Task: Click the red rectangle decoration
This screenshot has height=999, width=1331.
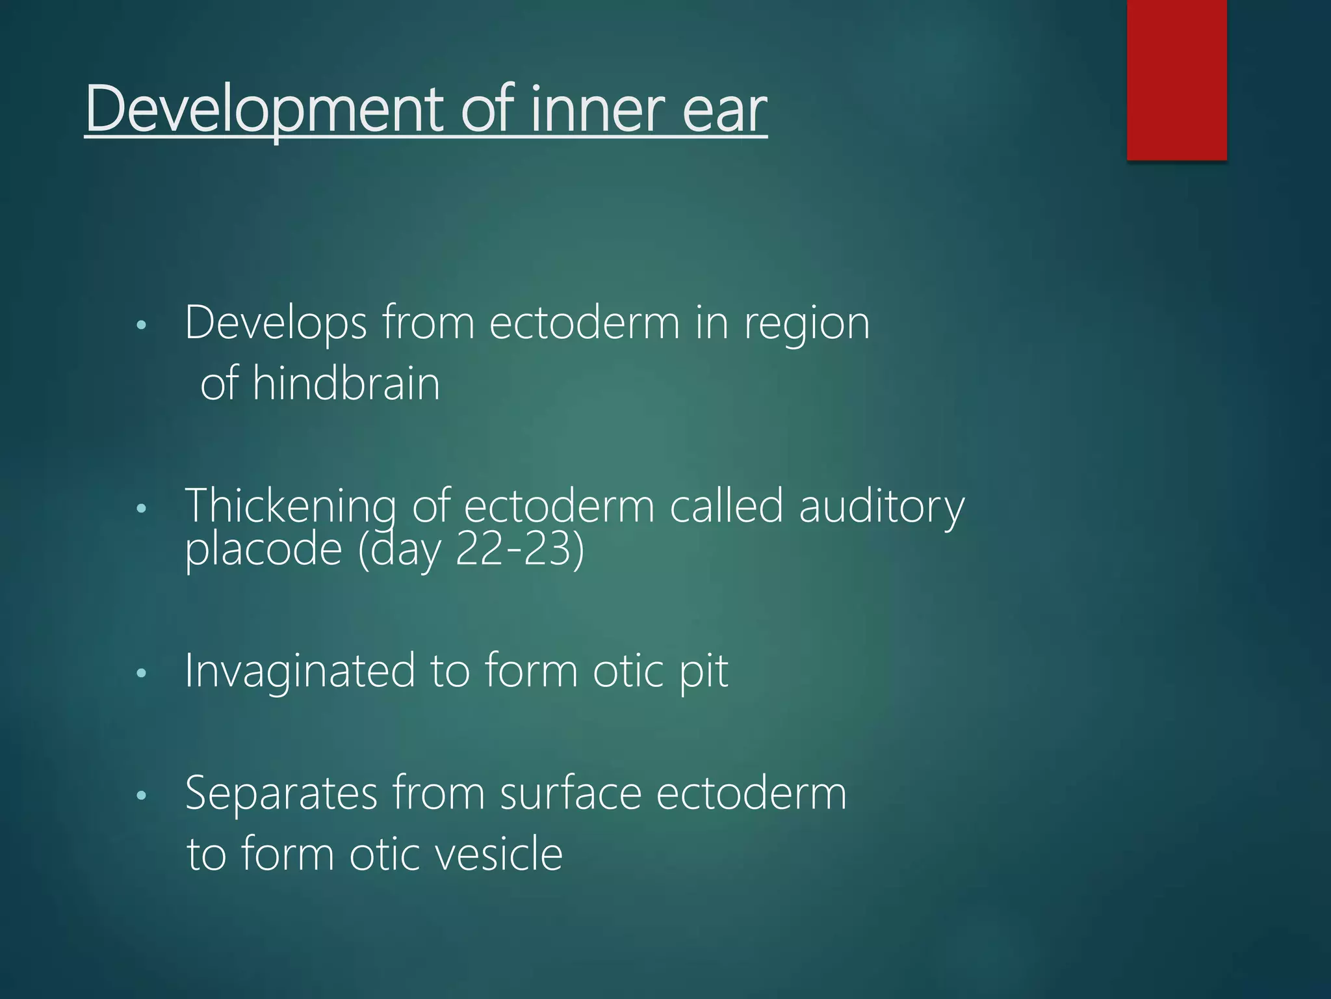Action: click(x=1176, y=79)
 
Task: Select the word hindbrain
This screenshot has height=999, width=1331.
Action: click(x=346, y=383)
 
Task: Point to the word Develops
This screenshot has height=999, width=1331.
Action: click(x=276, y=323)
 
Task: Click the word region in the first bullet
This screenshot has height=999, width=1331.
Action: click(x=807, y=324)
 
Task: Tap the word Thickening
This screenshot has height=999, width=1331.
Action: click(x=291, y=506)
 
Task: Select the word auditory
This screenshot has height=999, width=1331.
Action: click(x=881, y=506)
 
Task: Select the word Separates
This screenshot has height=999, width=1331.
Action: click(x=281, y=793)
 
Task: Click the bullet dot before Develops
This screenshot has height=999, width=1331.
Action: click(x=142, y=325)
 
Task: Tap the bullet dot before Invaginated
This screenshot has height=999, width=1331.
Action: click(x=142, y=673)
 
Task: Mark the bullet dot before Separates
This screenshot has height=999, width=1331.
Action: click(x=142, y=795)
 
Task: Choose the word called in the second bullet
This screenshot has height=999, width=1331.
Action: click(x=726, y=506)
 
